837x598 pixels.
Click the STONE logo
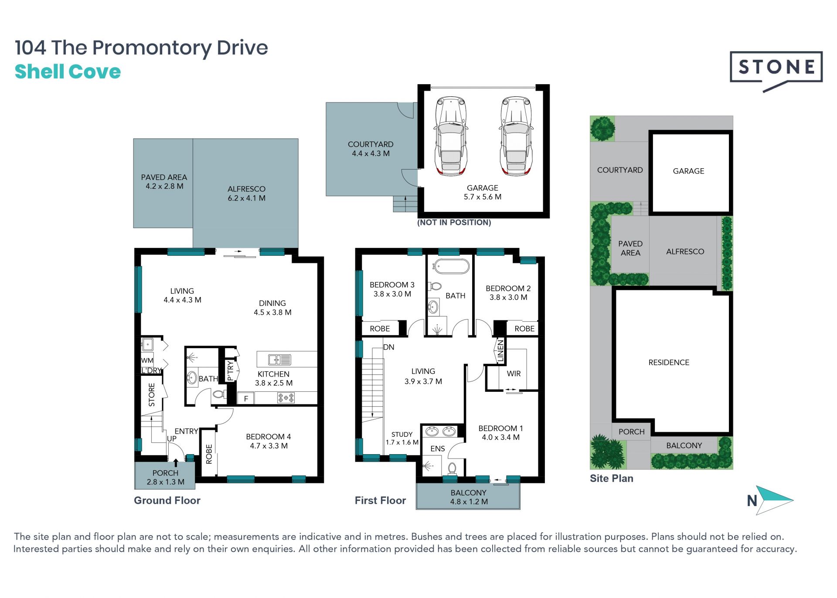776,70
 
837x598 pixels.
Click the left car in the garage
451,136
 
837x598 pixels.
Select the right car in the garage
516,136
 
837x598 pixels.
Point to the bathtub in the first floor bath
451,266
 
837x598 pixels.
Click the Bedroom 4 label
269,441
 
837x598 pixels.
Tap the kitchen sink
279,360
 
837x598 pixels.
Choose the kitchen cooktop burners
286,398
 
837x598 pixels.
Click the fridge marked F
246,398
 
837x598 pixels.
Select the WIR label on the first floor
514,374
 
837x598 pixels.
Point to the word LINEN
500,351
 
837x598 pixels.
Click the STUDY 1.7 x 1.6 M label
402,438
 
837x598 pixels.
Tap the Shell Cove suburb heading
68,71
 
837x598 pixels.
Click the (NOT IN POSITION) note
454,222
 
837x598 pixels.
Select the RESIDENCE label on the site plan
669,362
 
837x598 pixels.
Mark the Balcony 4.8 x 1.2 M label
469,497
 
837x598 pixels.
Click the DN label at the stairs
388,347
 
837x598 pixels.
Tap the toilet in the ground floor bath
219,394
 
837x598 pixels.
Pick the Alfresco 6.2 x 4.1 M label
246,193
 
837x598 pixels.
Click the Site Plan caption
611,478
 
